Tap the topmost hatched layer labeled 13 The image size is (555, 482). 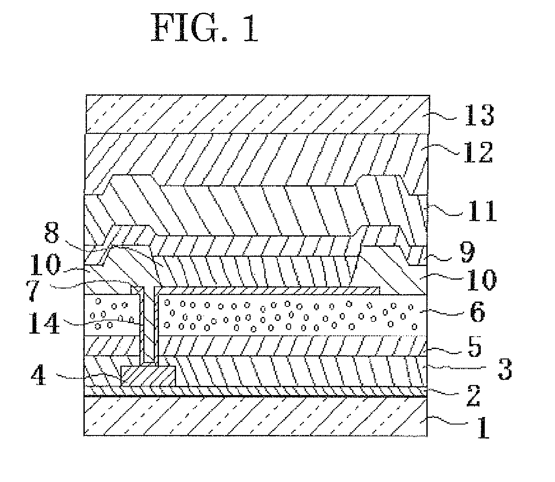pos(255,114)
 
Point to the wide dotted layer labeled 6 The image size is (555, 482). pos(290,316)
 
